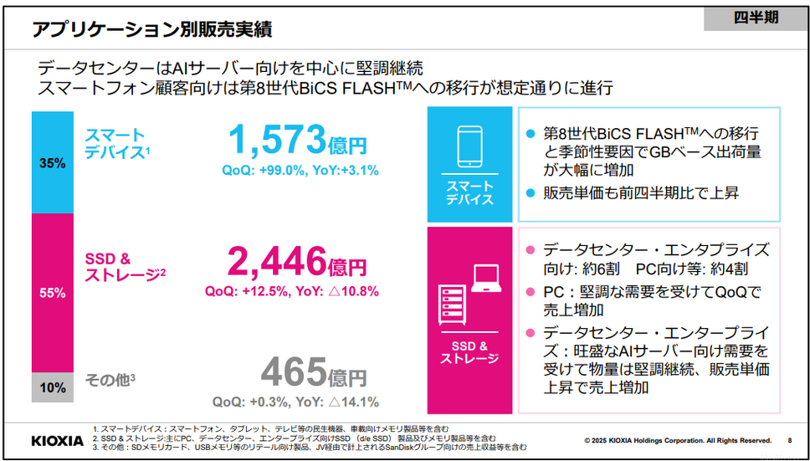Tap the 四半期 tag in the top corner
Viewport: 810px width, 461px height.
(755, 18)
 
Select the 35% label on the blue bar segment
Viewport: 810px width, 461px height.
(52, 163)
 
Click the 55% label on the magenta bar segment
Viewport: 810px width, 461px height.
(52, 293)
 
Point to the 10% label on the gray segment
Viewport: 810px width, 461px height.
(52, 387)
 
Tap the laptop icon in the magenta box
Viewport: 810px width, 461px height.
(486, 279)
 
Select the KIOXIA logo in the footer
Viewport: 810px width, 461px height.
(57, 440)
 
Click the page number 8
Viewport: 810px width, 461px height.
(790, 440)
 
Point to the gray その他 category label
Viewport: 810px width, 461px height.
(109, 380)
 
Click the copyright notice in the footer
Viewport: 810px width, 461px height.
(677, 440)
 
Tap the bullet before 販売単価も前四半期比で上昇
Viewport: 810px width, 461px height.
(529, 193)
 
